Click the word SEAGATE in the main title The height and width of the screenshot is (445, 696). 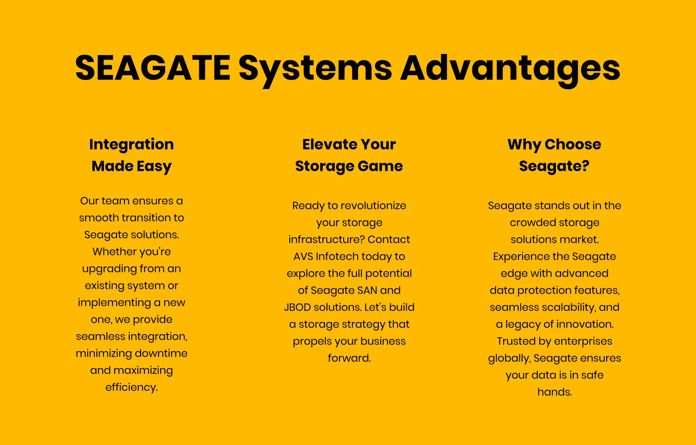pos(153,68)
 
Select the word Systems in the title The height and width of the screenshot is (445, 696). pos(315,70)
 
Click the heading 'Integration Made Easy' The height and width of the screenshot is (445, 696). pos(131,156)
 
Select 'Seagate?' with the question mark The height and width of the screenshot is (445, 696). pos(554,166)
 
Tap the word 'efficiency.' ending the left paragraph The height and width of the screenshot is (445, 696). pos(131,387)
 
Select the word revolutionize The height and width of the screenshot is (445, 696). pos(373,206)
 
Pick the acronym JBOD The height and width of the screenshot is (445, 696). pos(298,307)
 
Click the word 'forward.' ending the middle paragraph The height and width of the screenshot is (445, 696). pos(349,358)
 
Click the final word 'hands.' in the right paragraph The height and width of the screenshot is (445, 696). pos(555,392)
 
